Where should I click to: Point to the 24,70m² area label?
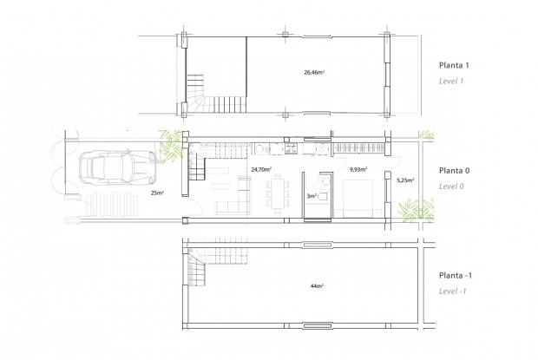click(260, 170)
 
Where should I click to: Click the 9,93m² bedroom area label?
click(357, 170)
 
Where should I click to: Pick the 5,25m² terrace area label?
click(404, 180)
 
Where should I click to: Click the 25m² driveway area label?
click(157, 193)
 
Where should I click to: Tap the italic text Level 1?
click(451, 81)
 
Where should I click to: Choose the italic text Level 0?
click(452, 186)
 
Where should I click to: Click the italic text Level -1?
click(453, 291)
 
